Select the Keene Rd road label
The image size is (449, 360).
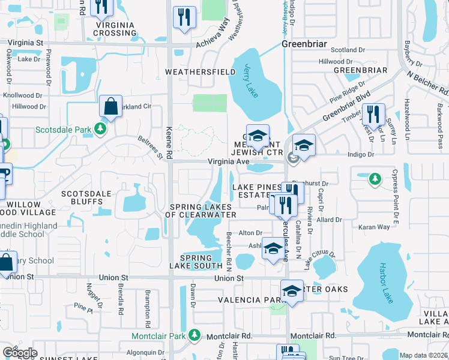[169, 142]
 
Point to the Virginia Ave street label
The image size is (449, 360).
[228, 162]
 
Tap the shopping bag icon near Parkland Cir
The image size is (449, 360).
[111, 107]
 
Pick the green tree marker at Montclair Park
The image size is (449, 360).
[194, 334]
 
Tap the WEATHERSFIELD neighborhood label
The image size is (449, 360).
[200, 72]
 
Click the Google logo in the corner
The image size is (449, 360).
[19, 352]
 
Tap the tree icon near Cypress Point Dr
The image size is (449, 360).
[375, 178]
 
